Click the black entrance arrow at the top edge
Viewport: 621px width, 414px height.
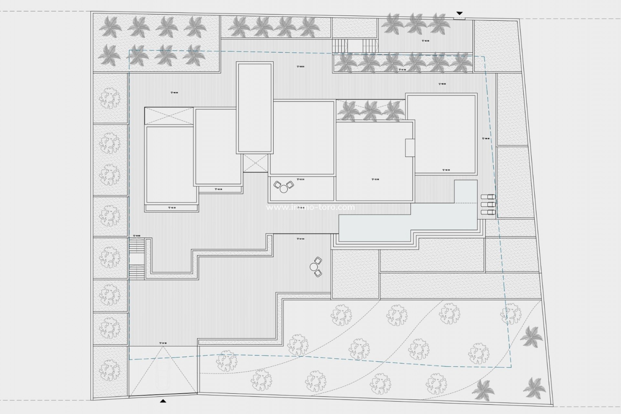[x=459, y=13]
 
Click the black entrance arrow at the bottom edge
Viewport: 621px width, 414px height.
[x=163, y=401]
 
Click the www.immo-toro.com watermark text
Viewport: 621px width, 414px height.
[x=310, y=207]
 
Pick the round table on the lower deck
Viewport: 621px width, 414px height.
[x=314, y=267]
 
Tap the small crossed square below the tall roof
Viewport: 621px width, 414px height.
[x=256, y=163]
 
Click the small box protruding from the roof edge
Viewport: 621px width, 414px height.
[x=410, y=147]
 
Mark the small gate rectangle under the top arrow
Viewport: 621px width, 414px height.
[x=459, y=18]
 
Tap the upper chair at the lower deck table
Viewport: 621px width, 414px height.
[x=318, y=261]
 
